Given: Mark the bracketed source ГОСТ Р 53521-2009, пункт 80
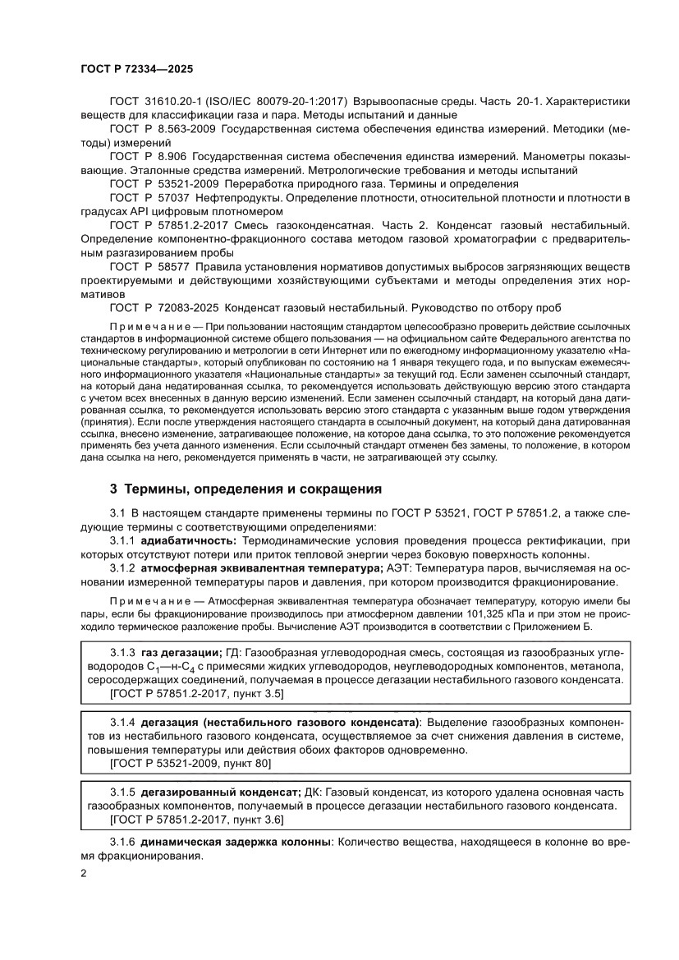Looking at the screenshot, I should click(x=190, y=763).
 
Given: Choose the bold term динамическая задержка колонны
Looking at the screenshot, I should click(x=235, y=843).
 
